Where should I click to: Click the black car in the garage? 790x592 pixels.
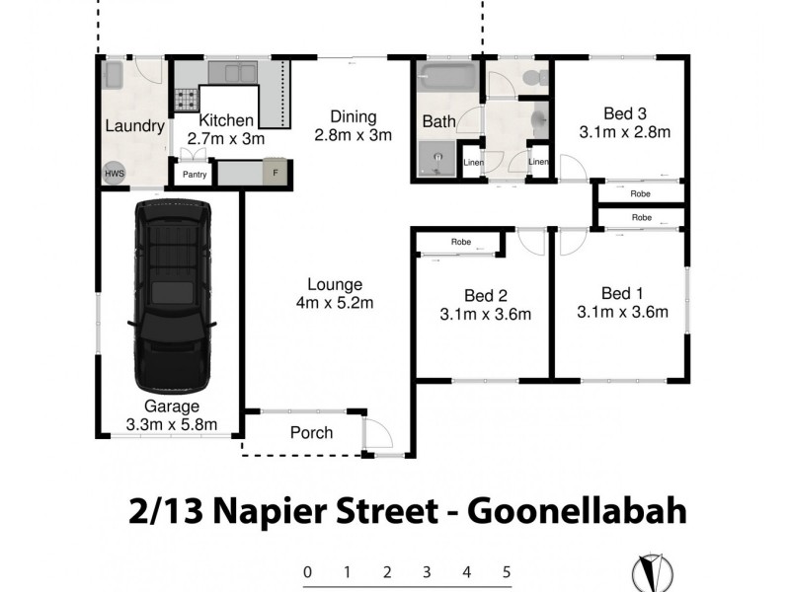coord(173,296)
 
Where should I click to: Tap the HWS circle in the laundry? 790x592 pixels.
coord(114,174)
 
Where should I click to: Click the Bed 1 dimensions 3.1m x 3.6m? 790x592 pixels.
coord(622,314)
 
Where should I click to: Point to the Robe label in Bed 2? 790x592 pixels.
coord(461,242)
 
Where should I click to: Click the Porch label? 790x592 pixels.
coord(311,432)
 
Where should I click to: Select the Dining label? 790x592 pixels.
coord(354,117)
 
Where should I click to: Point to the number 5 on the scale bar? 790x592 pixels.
coord(507,571)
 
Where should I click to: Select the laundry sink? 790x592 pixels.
coord(113,74)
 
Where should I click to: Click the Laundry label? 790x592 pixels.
coord(134,126)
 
